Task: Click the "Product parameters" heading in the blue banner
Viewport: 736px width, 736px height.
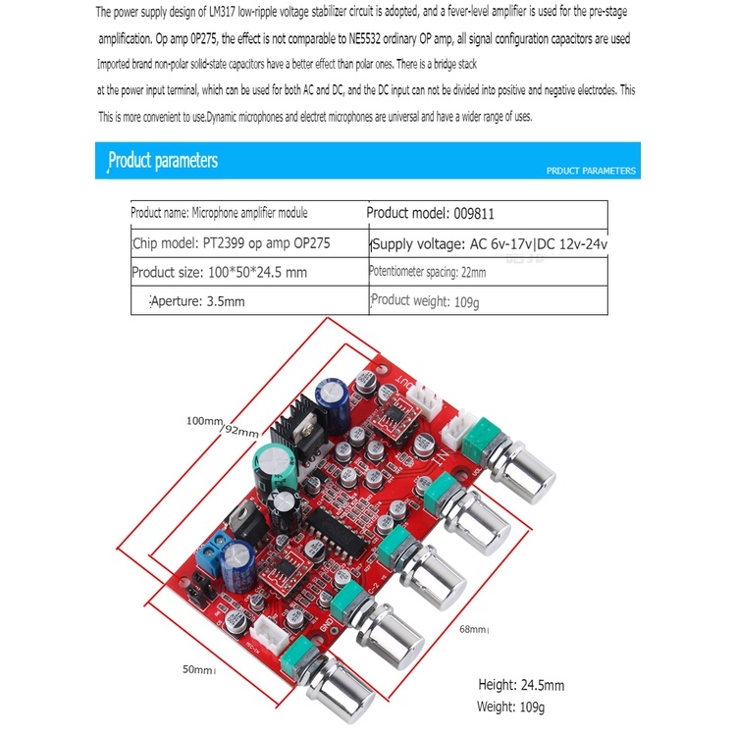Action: [163, 160]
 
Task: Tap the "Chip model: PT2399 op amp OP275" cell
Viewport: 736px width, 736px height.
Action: [230, 242]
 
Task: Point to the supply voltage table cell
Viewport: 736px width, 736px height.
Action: [490, 243]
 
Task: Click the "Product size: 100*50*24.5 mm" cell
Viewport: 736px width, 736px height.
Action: [219, 272]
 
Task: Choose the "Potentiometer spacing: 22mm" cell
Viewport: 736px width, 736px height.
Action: [427, 272]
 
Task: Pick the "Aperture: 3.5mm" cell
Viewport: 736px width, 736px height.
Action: [196, 301]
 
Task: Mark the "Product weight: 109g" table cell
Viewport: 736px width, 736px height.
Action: [425, 301]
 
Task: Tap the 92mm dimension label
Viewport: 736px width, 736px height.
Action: [240, 429]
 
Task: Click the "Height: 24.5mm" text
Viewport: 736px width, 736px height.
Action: [520, 685]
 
